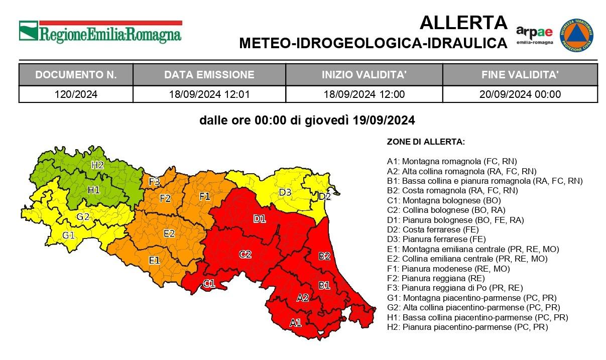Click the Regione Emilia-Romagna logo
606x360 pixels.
(100, 32)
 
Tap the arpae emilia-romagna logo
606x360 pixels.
(534, 35)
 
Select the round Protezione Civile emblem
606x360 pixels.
(577, 35)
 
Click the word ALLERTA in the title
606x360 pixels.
(463, 23)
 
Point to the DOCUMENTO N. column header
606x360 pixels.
(76, 75)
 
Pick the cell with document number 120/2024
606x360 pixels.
(76, 94)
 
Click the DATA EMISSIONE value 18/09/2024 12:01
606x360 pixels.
(209, 94)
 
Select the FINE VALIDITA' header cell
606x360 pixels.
(520, 75)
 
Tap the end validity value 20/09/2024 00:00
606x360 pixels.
(520, 94)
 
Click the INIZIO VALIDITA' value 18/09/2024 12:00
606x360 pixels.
(364, 94)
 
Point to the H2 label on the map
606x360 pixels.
(97, 165)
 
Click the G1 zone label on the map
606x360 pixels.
(68, 235)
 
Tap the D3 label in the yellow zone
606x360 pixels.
(285, 192)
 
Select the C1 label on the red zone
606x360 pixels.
(209, 284)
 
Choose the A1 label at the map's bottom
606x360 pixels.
(296, 323)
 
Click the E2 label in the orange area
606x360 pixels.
(169, 233)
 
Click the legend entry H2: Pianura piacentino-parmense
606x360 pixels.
(467, 327)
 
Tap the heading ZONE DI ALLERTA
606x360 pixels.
(426, 142)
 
